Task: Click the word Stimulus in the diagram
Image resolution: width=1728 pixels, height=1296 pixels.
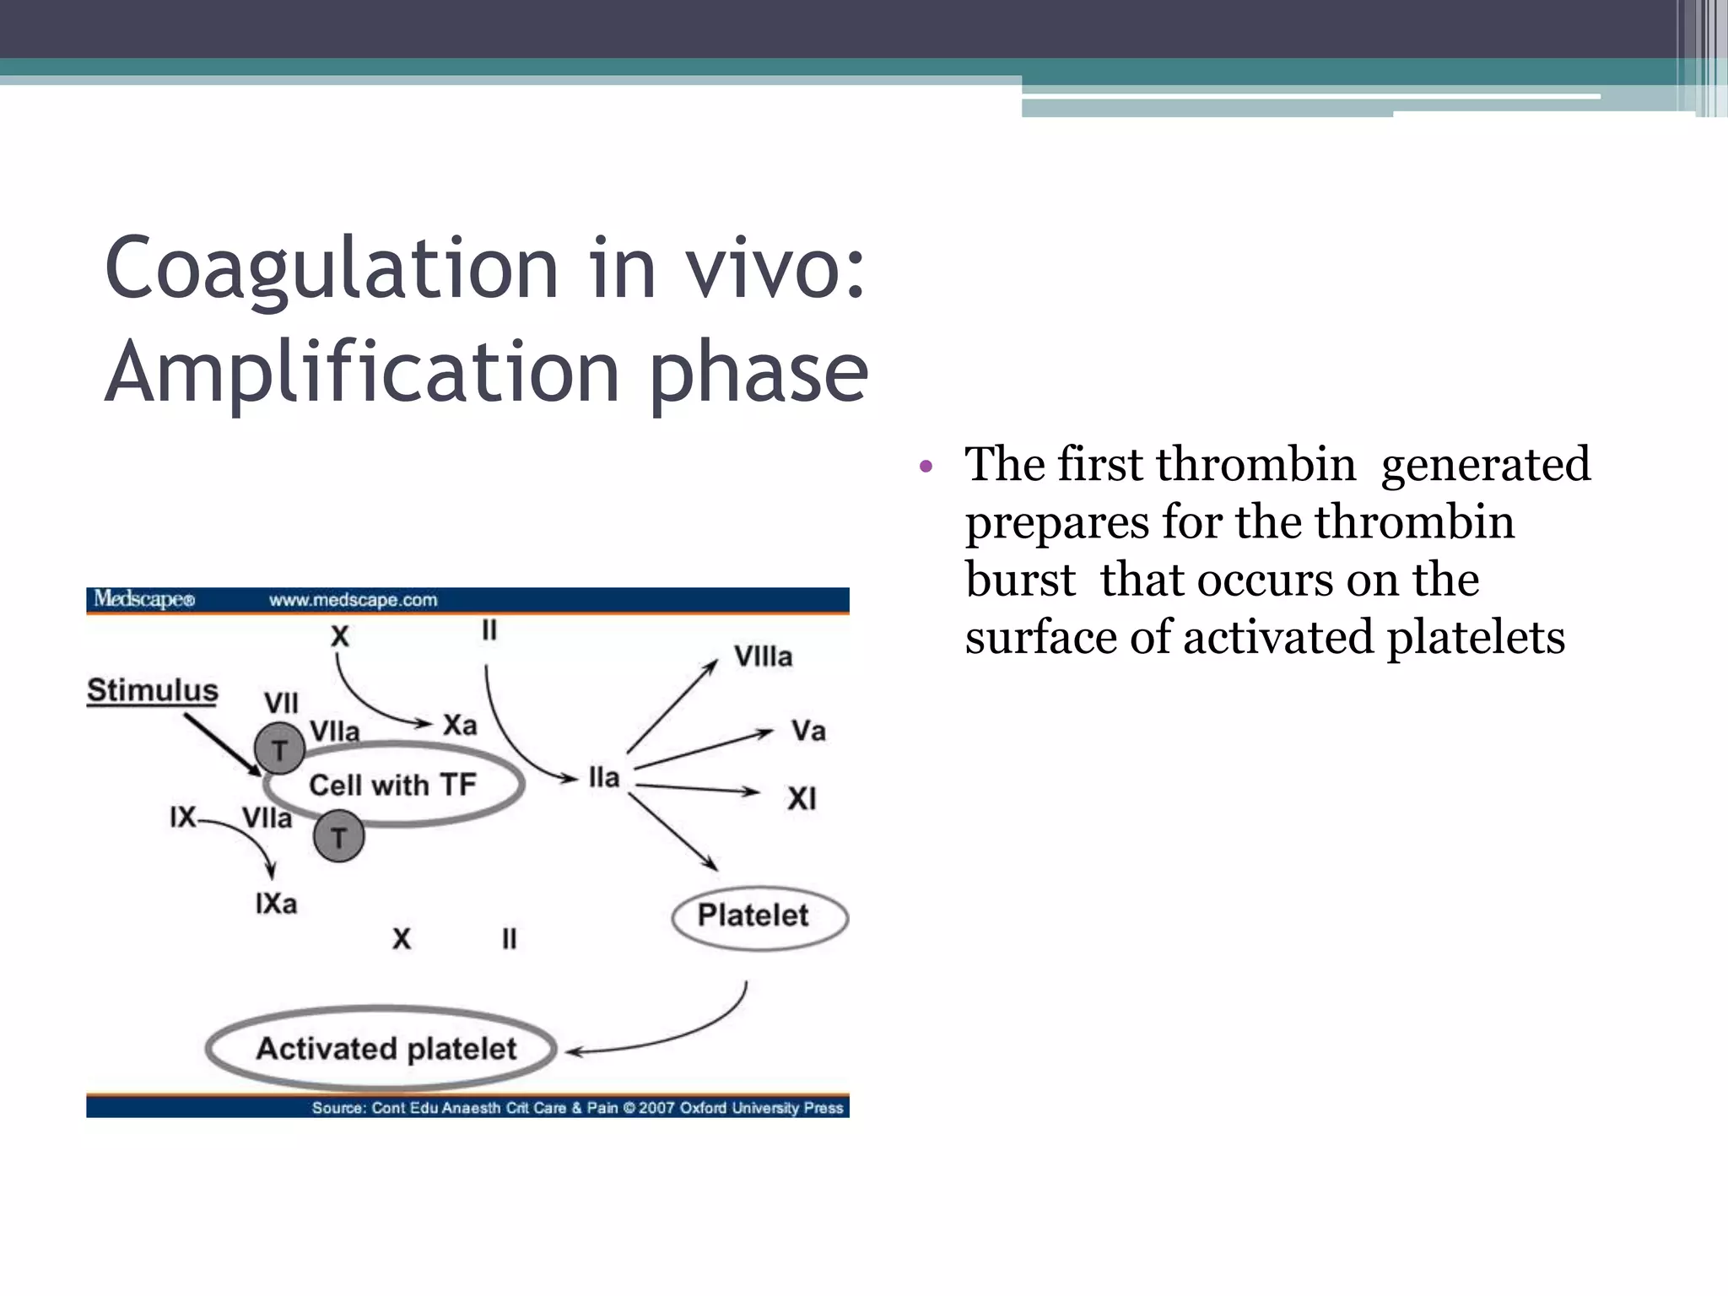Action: click(x=153, y=690)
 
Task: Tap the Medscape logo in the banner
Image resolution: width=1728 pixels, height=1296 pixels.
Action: click(x=144, y=599)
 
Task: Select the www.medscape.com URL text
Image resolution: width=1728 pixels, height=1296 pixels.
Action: click(x=353, y=600)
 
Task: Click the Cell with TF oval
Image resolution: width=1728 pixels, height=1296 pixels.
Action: click(x=393, y=785)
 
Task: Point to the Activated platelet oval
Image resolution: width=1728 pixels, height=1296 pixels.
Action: click(x=386, y=1049)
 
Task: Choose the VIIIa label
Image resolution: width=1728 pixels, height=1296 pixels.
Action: click(x=763, y=656)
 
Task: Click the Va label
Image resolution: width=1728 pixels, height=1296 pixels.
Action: click(x=807, y=731)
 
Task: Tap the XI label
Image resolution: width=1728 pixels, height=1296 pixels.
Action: click(x=802, y=798)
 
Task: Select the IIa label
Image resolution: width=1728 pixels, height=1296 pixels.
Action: click(x=604, y=777)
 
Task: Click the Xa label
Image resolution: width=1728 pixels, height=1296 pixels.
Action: click(x=460, y=725)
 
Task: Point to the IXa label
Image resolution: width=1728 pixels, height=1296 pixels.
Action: click(x=276, y=904)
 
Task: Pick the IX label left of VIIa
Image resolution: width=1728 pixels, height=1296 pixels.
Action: click(x=182, y=817)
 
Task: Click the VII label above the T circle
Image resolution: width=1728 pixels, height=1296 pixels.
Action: click(x=281, y=703)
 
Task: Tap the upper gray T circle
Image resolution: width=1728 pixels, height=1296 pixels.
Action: click(x=279, y=748)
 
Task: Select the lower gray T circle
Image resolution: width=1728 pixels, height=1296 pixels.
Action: click(x=338, y=837)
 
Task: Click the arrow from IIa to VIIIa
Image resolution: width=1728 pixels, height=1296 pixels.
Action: click(x=672, y=706)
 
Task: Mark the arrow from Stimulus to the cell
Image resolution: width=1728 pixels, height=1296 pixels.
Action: click(x=223, y=744)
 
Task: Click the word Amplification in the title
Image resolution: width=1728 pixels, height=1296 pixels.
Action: click(x=363, y=372)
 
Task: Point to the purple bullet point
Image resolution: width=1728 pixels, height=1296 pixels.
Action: click(x=926, y=466)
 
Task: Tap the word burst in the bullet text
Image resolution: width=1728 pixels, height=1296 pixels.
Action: click(x=1020, y=580)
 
